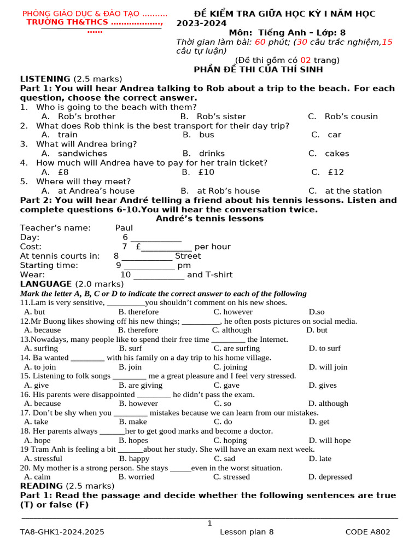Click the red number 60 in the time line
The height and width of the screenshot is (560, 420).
(260, 42)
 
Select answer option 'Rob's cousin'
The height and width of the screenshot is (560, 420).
(351, 116)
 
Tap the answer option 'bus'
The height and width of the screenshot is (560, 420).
(206, 135)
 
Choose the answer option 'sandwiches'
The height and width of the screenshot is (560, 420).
(82, 154)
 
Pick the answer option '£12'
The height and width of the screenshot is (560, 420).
(336, 172)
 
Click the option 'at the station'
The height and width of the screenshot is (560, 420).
(353, 191)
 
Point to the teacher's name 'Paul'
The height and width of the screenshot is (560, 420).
(124, 228)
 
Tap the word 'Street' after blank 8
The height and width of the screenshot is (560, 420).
(188, 256)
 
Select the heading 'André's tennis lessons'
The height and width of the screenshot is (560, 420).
(209, 219)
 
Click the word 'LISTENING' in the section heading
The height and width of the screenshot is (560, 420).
(45, 79)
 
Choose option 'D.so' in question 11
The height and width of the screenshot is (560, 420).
(317, 312)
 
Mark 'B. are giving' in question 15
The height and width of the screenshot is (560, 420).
(141, 385)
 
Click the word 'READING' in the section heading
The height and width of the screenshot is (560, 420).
(42, 486)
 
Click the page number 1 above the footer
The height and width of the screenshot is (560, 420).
(209, 523)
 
